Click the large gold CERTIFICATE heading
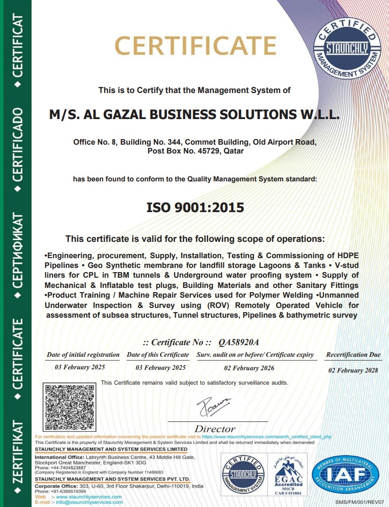tap(195, 46)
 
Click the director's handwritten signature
tap(213, 407)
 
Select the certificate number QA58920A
tap(238, 342)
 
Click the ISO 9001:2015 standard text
tap(195, 207)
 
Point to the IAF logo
tap(344, 476)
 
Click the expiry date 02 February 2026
tap(249, 368)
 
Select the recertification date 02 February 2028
tap(353, 371)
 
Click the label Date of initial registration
tap(83, 355)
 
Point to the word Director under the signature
tap(215, 429)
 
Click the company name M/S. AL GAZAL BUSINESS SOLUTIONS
tap(194, 114)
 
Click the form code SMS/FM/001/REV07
tap(360, 502)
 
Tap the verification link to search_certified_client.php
tap(267, 437)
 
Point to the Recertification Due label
tap(353, 355)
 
